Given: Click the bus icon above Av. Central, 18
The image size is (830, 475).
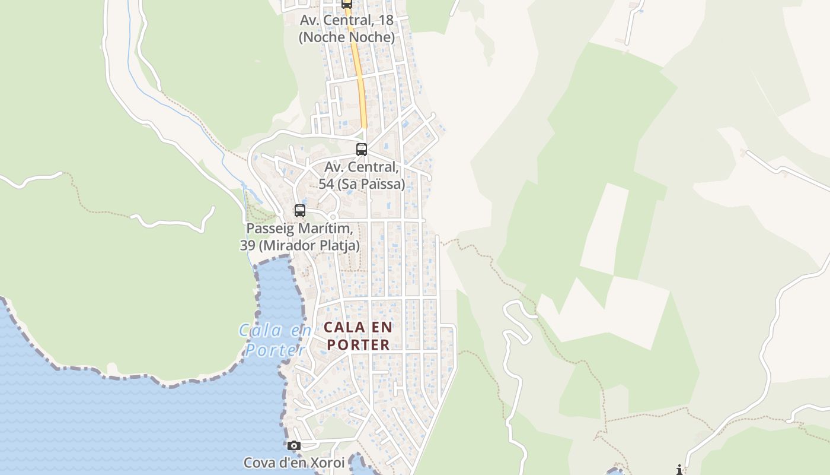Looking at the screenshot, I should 347,4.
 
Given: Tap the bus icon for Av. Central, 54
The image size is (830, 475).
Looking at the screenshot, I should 362,149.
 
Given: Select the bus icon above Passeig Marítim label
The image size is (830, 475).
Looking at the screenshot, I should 300,210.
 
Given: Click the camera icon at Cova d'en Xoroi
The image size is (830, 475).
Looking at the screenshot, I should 293,445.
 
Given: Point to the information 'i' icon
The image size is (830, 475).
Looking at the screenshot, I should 679,470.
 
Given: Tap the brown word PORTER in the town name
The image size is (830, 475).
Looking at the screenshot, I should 359,344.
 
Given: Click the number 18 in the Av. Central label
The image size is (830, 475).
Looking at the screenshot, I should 385,20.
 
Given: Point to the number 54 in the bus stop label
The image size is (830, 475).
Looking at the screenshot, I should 326,184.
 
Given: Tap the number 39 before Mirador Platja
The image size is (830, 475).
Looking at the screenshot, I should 256,245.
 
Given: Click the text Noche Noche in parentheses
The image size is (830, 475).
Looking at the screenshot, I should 347,37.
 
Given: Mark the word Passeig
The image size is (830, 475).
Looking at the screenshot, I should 270,229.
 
